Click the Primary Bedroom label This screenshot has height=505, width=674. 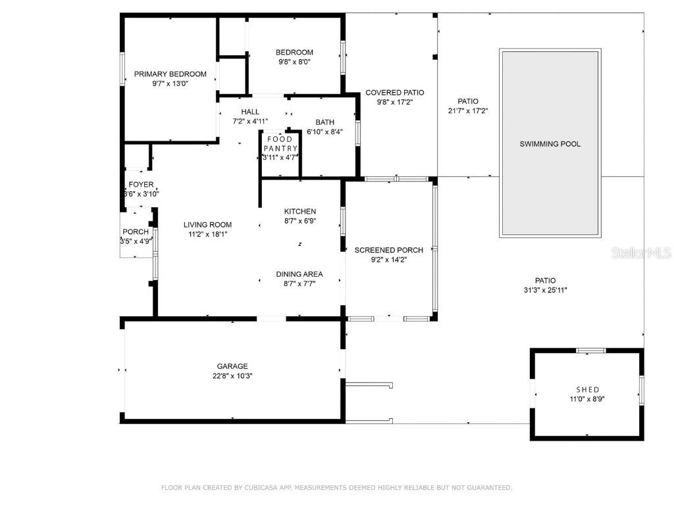click(x=170, y=74)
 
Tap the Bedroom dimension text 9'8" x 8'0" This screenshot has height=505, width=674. click(x=294, y=62)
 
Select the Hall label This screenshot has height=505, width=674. click(x=250, y=112)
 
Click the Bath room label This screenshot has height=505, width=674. click(x=324, y=122)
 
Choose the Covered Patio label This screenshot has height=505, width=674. click(x=394, y=93)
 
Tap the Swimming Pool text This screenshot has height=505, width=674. click(x=550, y=144)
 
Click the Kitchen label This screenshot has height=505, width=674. click(x=299, y=211)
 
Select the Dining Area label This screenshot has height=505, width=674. click(x=299, y=274)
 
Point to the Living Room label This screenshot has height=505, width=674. click(x=207, y=225)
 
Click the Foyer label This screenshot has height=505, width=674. click(x=141, y=185)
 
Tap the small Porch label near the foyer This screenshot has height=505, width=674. click(x=136, y=232)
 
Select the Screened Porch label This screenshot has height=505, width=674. click(x=388, y=250)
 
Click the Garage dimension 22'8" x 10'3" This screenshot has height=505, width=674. click(x=232, y=376)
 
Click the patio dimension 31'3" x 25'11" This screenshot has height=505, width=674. click(x=545, y=289)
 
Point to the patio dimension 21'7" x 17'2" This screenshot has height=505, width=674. click(x=467, y=111)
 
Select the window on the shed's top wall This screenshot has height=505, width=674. click(x=590, y=350)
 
